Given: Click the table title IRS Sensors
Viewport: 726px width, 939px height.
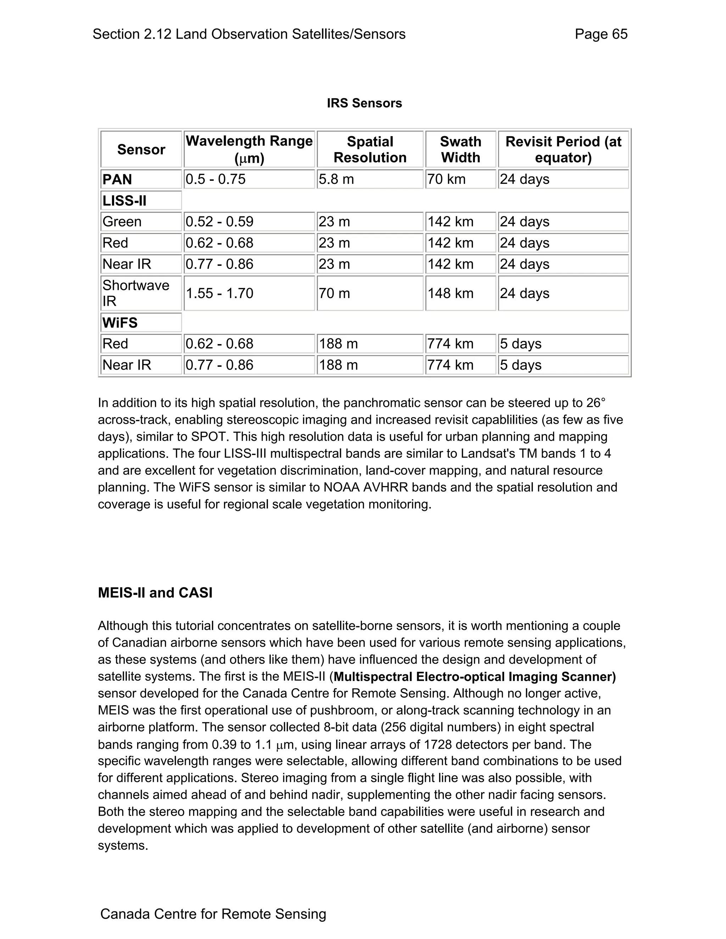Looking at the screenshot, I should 364,103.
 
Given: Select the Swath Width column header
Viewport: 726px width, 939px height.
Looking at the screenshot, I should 460,149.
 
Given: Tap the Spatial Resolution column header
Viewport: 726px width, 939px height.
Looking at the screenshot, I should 370,149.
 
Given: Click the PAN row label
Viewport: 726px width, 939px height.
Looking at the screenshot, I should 117,179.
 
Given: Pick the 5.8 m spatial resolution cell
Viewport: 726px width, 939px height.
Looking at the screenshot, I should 336,179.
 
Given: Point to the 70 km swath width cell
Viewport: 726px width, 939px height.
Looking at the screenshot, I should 446,179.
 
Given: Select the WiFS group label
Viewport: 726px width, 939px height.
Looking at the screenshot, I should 120,323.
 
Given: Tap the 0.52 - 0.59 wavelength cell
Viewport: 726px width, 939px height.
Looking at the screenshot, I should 219,222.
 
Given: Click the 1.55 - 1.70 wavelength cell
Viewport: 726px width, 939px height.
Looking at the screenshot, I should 219,294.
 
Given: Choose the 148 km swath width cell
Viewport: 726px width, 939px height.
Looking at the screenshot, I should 450,294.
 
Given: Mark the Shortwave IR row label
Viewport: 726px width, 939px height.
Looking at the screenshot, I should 135,293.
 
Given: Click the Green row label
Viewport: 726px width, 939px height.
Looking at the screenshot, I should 122,222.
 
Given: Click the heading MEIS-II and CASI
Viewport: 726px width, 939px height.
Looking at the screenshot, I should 155,593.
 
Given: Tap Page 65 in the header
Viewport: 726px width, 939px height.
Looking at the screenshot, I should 601,34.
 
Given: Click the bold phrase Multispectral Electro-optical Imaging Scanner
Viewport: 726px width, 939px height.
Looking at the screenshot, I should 474,677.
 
